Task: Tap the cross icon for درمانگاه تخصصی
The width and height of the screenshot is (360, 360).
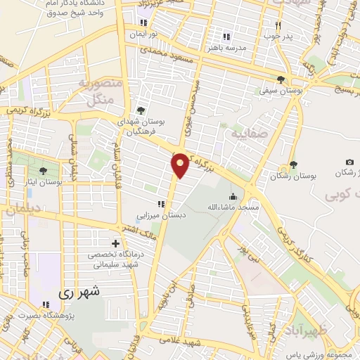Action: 115,243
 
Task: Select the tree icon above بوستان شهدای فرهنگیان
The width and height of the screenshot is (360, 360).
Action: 140,110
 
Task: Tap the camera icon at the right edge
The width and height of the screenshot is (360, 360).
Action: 349,162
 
